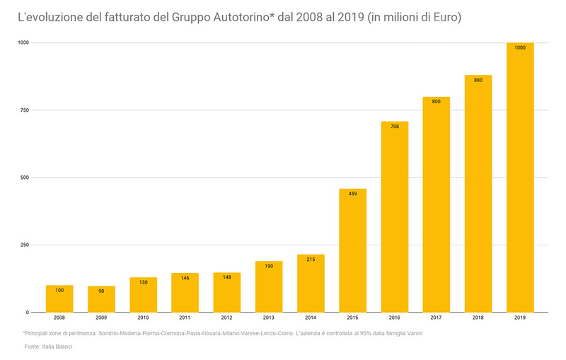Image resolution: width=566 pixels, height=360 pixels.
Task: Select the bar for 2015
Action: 352,250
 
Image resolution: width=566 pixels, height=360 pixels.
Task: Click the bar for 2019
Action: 520,177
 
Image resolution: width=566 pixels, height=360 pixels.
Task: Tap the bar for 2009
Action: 101,298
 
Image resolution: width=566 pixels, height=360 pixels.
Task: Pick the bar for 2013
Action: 269,286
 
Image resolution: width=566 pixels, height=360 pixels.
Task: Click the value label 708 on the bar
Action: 395,126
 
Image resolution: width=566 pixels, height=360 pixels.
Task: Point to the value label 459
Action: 352,193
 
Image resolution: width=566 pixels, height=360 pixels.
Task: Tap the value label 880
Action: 478,80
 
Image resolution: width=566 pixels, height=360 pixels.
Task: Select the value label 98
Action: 101,291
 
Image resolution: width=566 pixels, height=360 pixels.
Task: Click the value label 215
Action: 311,259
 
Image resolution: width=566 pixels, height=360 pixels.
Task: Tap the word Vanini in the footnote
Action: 410,332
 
